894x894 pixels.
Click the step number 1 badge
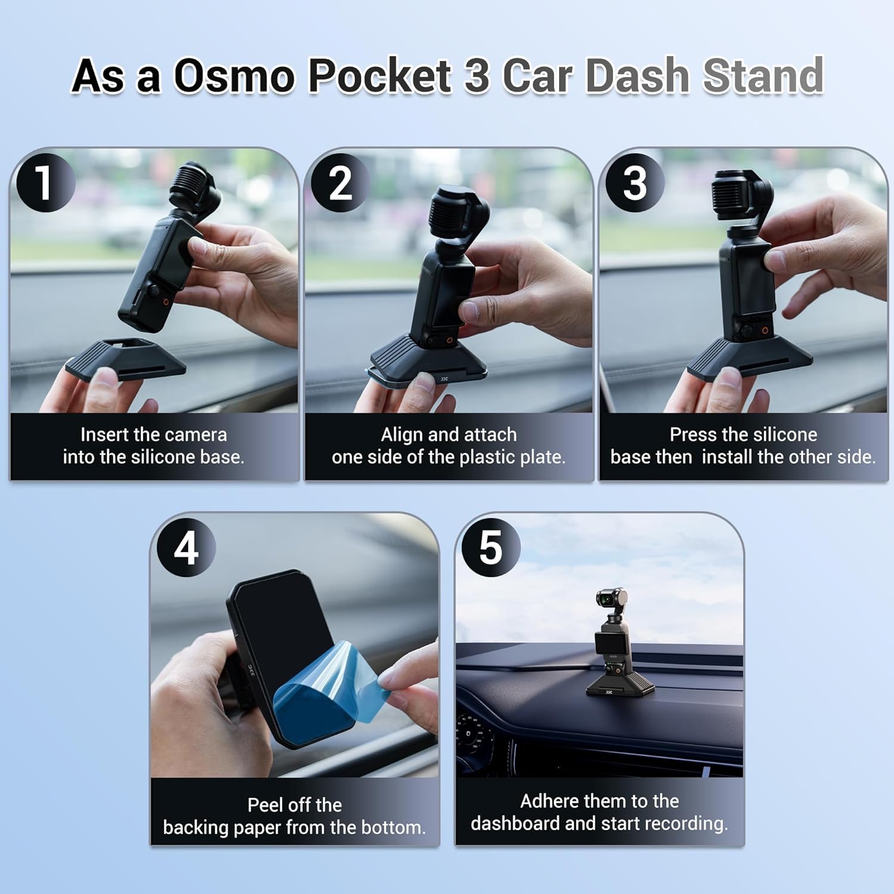(x=45, y=182)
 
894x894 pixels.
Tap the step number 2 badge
(x=340, y=182)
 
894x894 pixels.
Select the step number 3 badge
(x=634, y=182)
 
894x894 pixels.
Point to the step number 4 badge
(x=186, y=548)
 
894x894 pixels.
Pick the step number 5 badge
(x=491, y=548)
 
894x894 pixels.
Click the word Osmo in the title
(x=234, y=76)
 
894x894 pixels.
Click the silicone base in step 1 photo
(x=125, y=361)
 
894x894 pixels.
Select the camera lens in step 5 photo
(x=604, y=597)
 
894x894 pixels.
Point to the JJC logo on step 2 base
(x=444, y=379)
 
